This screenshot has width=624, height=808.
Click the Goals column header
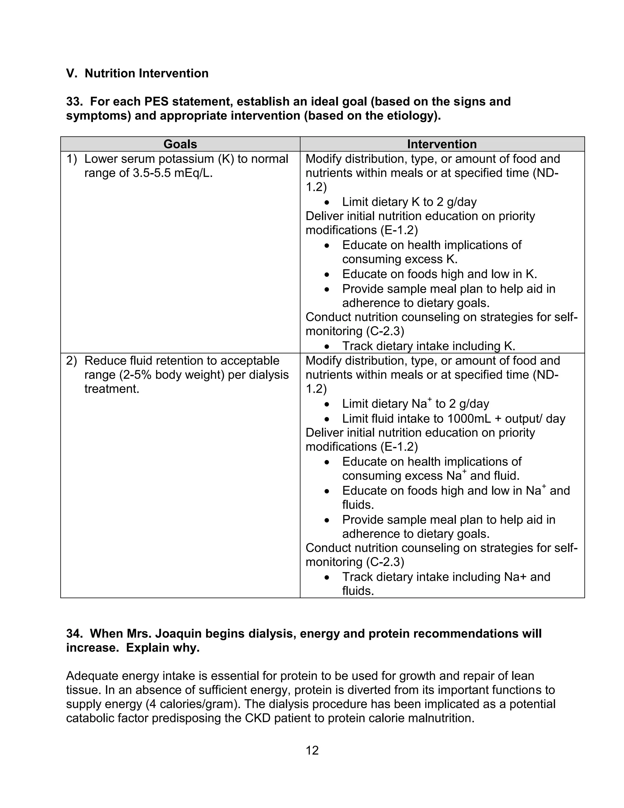(x=180, y=144)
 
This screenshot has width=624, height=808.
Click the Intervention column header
(x=442, y=144)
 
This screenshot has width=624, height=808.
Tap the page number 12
(x=312, y=750)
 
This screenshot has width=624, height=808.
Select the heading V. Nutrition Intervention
(x=137, y=73)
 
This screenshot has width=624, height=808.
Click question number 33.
(x=74, y=101)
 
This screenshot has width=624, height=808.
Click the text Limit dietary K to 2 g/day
(x=409, y=202)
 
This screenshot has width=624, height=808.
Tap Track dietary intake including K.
(x=428, y=346)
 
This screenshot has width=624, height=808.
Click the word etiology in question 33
(x=411, y=116)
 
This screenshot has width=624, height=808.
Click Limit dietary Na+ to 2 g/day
(x=415, y=404)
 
